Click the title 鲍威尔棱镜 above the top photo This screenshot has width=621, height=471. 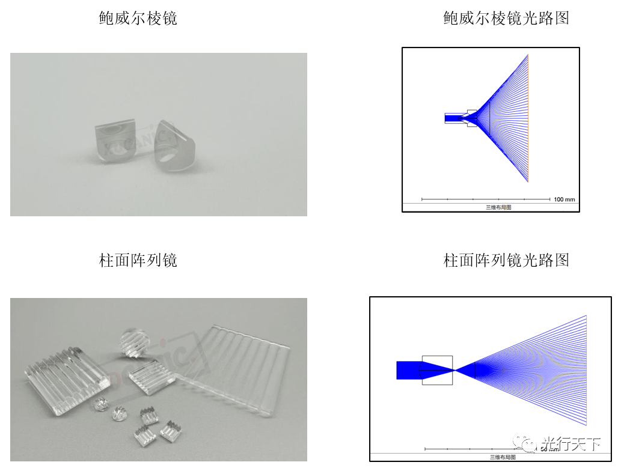(x=138, y=18)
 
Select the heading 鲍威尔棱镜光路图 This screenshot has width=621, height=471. (x=506, y=18)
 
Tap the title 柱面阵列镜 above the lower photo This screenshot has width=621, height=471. (x=138, y=260)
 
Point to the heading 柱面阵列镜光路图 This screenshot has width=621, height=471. (x=506, y=260)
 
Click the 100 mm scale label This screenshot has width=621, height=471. (x=564, y=199)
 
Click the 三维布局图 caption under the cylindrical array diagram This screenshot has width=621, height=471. (x=502, y=457)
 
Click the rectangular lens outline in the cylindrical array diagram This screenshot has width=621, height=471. (x=437, y=370)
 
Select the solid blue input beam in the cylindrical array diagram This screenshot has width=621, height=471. (x=409, y=370)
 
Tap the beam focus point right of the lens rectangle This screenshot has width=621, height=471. (x=456, y=370)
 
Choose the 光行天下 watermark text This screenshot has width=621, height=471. (x=571, y=444)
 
